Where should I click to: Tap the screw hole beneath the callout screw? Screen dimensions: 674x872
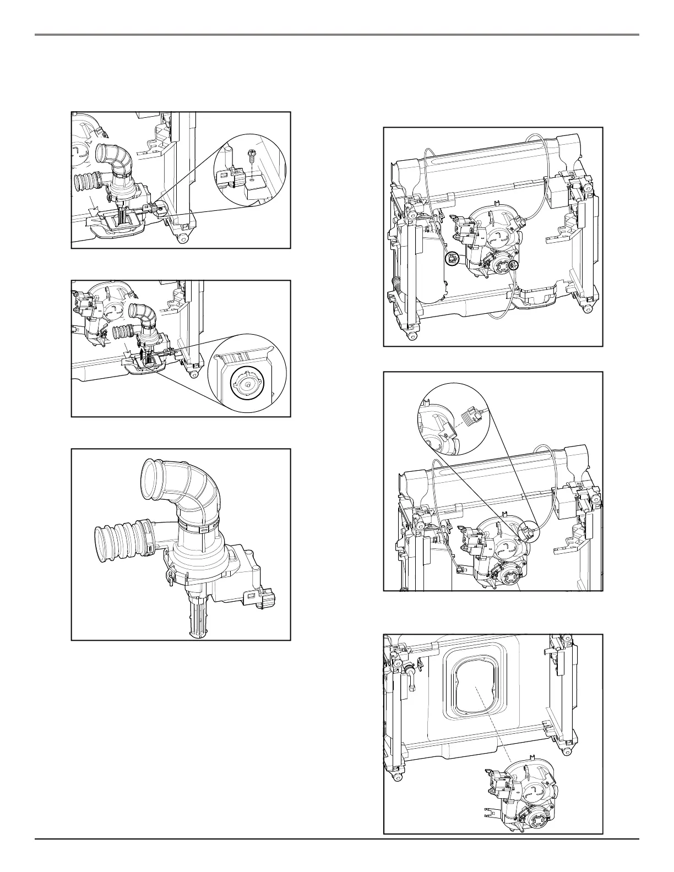[x=251, y=178]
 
